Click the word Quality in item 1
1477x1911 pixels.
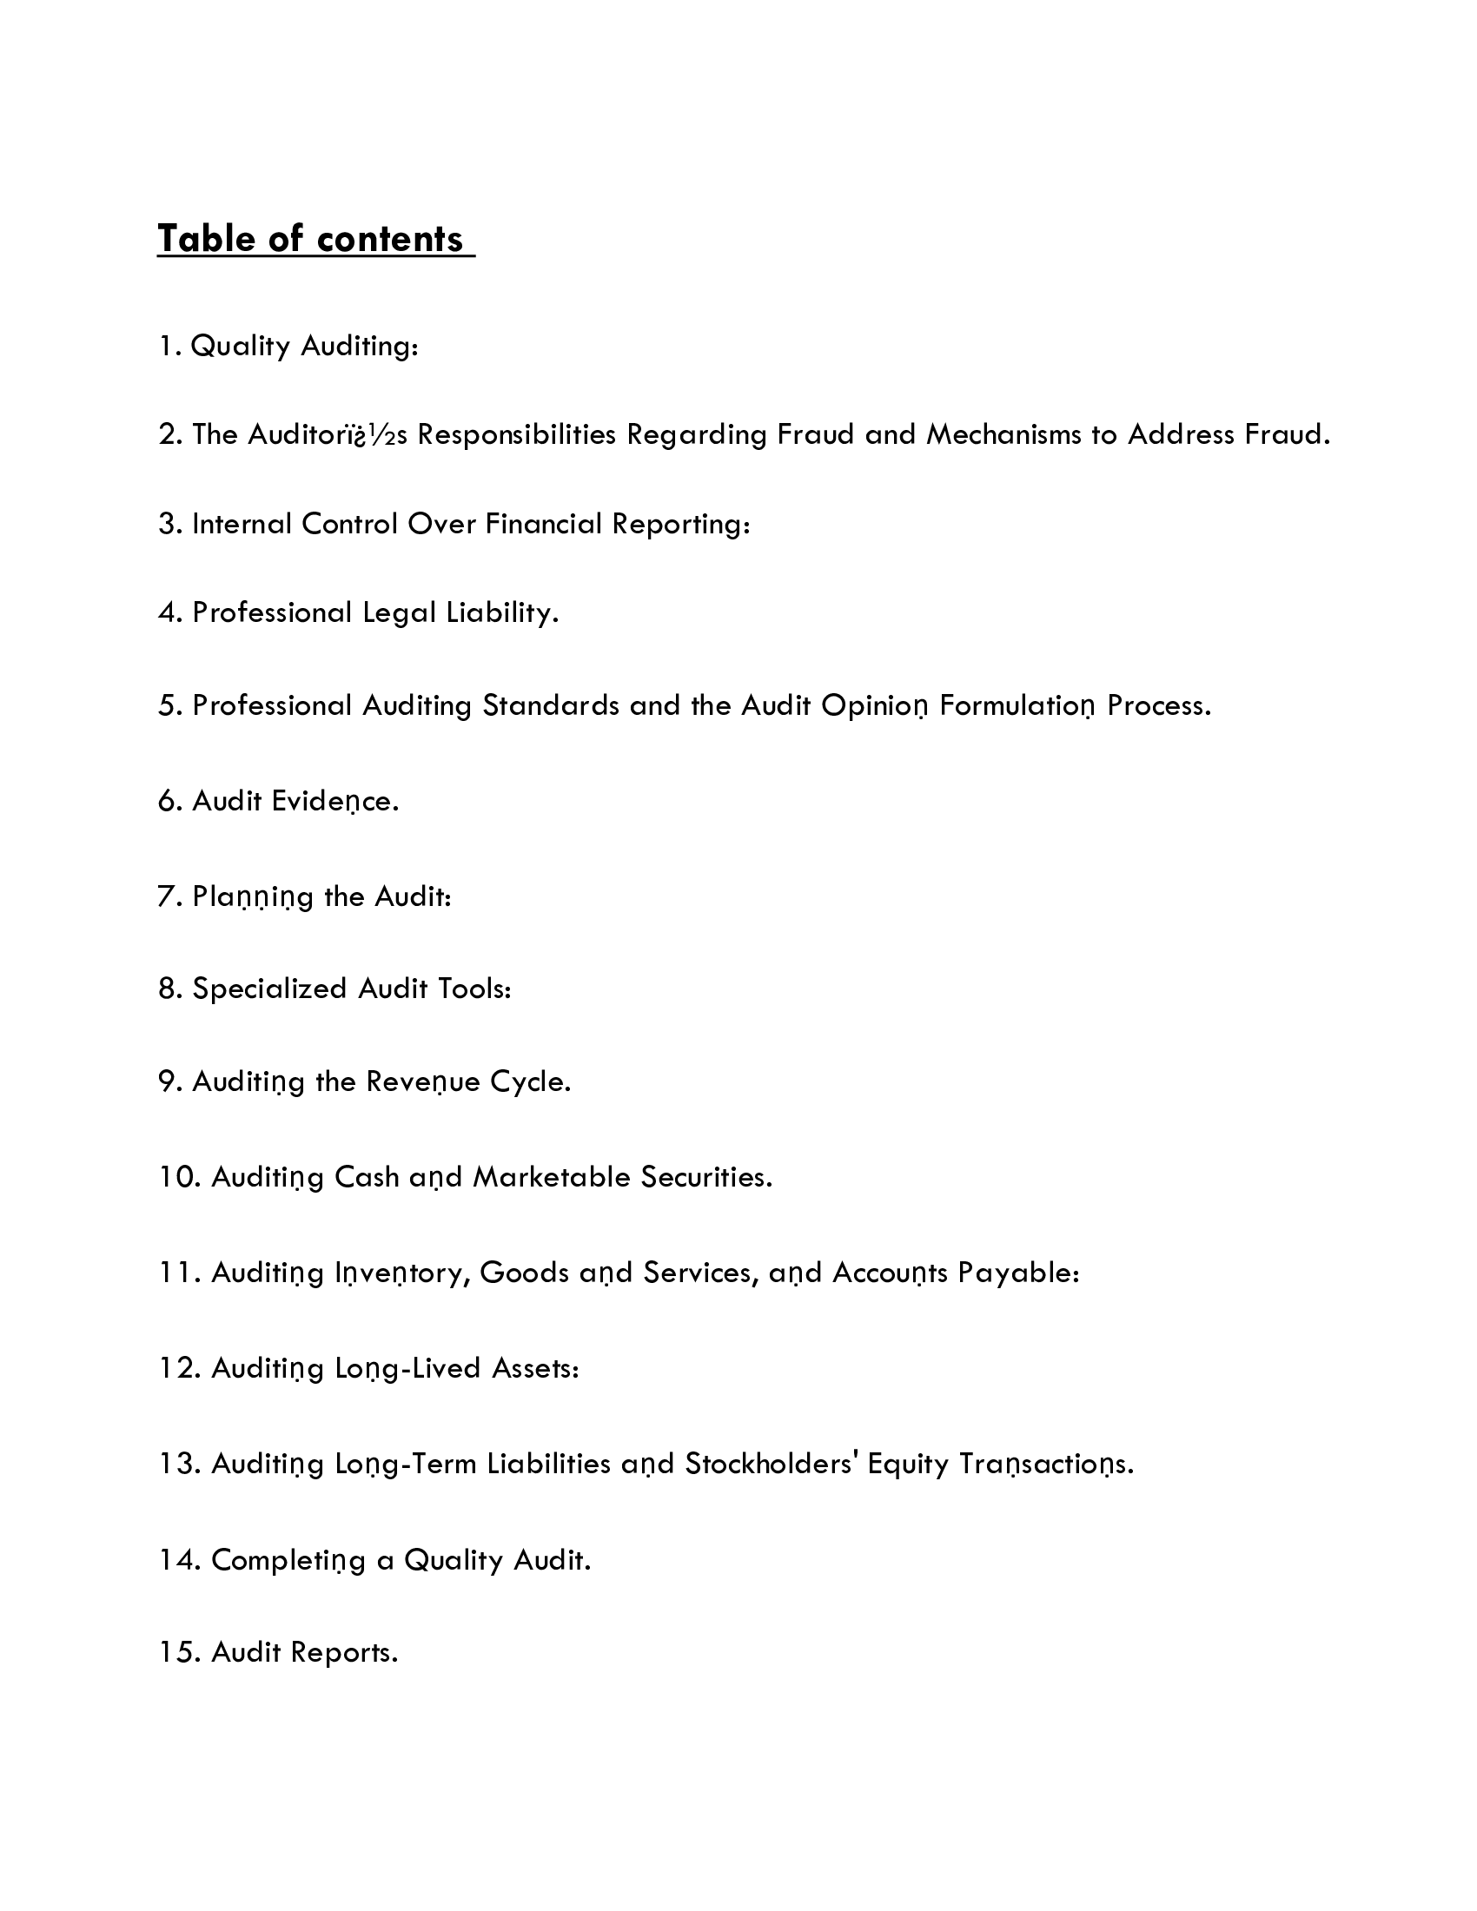pos(240,347)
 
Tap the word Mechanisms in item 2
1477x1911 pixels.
pos(1003,435)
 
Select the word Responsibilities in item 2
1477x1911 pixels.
pos(516,435)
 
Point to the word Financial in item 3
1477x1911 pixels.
pos(543,524)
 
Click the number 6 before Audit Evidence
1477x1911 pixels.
pos(167,802)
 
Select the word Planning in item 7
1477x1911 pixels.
pos(252,898)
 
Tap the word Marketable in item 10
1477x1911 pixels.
pos(551,1178)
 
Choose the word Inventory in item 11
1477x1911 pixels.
pos(401,1273)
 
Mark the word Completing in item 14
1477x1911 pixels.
pos(288,1560)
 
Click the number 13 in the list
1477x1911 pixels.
pos(178,1464)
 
